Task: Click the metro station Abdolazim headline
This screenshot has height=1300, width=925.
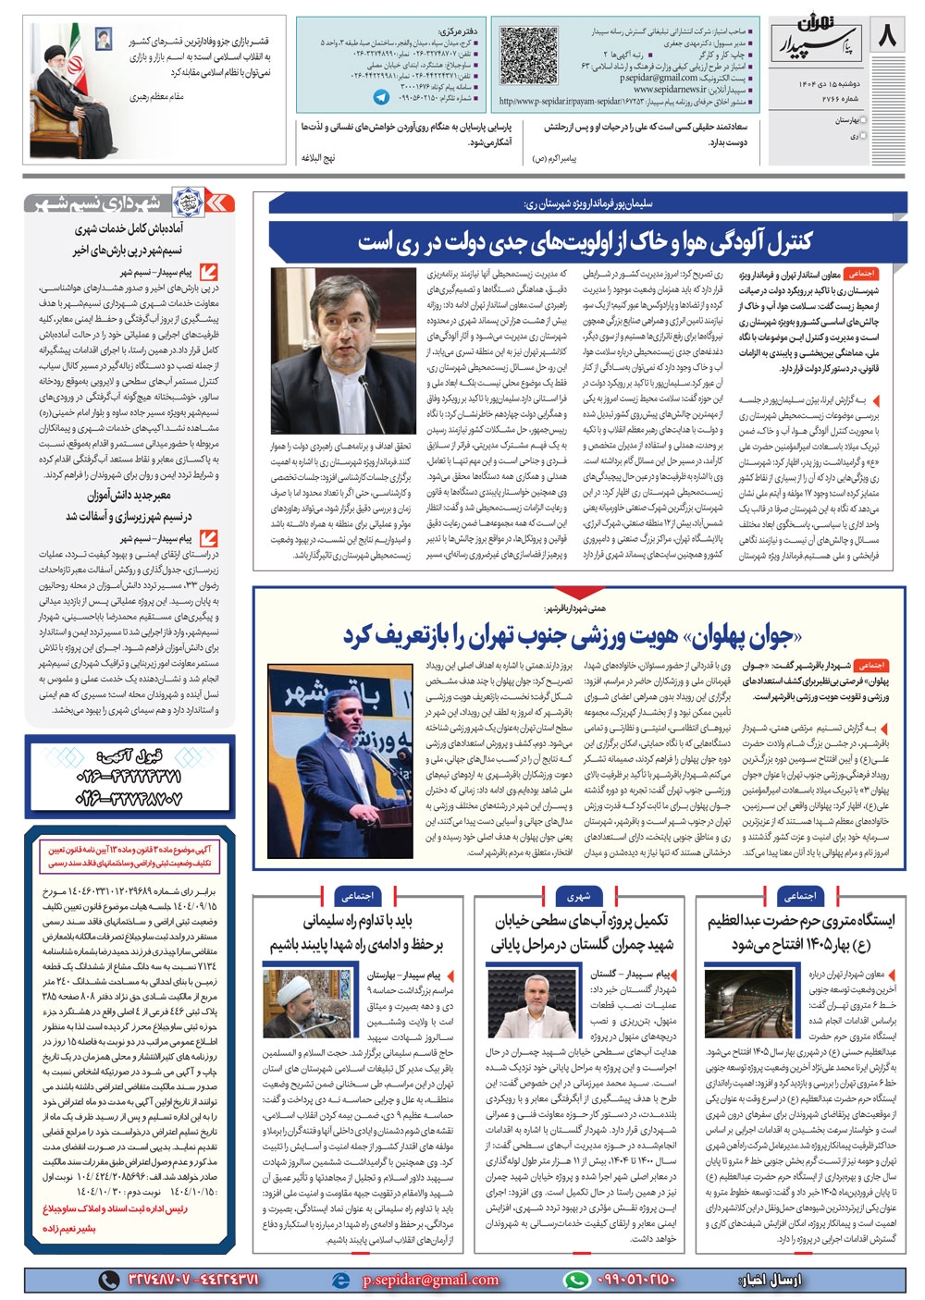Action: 801,932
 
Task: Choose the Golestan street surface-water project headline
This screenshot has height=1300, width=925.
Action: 583,932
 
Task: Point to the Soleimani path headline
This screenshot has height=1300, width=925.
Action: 357,932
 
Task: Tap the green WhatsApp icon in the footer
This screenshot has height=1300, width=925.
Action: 577,1280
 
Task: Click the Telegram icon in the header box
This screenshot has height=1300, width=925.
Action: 381,96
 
